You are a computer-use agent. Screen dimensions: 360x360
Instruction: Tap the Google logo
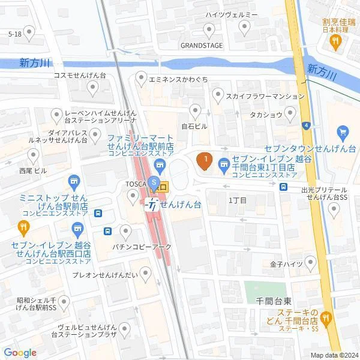pyautogui.click(x=20, y=352)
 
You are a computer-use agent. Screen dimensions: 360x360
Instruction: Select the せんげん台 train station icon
pyautogui.click(x=154, y=205)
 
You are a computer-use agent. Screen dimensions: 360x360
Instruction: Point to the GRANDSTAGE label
pyautogui.click(x=202, y=46)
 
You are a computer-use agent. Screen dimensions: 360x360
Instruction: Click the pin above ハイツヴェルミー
pyautogui.click(x=244, y=26)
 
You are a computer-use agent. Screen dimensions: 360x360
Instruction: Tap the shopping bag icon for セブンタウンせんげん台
pyautogui.click(x=343, y=132)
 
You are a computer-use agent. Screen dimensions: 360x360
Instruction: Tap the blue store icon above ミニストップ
pyautogui.click(x=74, y=181)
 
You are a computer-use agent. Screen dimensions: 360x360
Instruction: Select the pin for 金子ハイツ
pyautogui.click(x=310, y=262)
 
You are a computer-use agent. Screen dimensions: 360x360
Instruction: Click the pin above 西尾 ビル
pyautogui.click(x=33, y=157)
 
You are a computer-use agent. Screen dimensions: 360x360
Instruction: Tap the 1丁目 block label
pyautogui.click(x=238, y=199)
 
